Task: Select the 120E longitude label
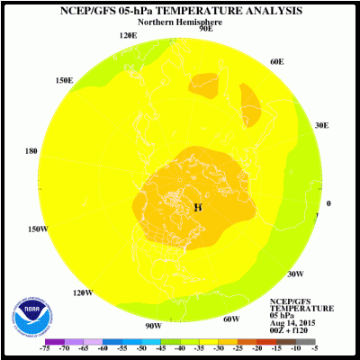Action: (x=129, y=35)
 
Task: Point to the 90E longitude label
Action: (x=205, y=28)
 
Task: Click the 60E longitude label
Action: (x=276, y=61)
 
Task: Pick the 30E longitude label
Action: (x=322, y=126)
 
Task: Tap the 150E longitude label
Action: (x=64, y=80)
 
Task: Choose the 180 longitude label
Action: (x=31, y=151)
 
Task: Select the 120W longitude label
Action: (x=83, y=292)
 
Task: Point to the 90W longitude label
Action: (x=153, y=325)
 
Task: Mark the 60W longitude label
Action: (x=231, y=319)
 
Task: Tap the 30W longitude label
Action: (x=294, y=274)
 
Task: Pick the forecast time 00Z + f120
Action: (x=293, y=331)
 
